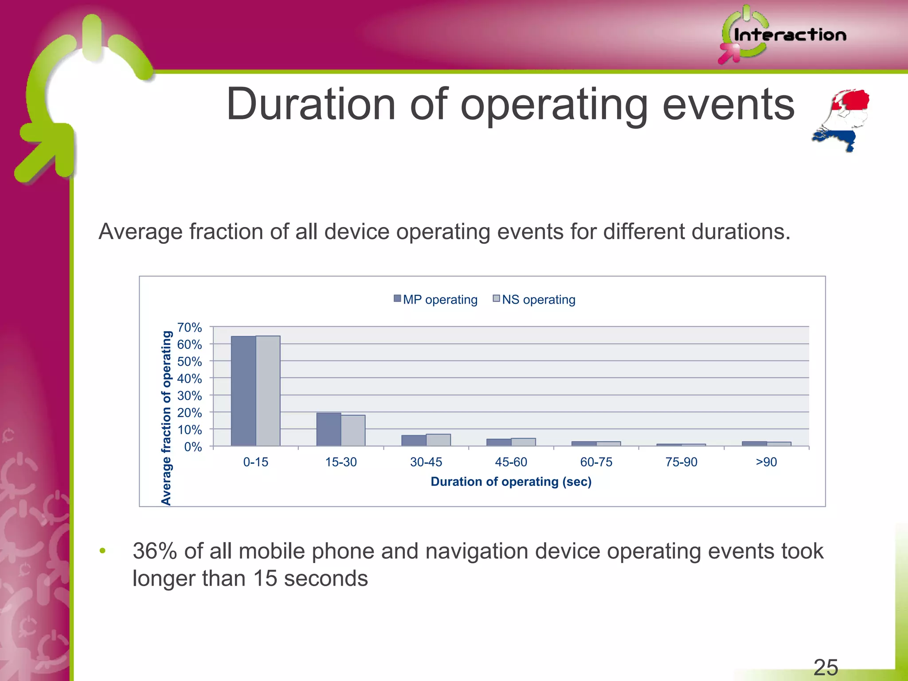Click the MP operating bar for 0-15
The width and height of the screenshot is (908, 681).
coord(243,391)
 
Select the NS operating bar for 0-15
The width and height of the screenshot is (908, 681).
coord(268,391)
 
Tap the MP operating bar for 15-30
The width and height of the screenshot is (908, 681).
coord(329,429)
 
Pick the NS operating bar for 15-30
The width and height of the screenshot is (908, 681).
coord(353,431)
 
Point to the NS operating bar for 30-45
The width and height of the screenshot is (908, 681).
coord(438,440)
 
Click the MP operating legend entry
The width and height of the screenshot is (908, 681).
coord(435,300)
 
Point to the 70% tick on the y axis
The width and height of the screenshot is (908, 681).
coord(189,328)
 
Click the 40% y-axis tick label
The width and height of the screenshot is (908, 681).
coord(189,379)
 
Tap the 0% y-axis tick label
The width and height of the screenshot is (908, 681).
coord(193,447)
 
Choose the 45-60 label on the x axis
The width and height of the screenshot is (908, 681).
coord(511,462)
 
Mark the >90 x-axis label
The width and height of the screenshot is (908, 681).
coord(766,462)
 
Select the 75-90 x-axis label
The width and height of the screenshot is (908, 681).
coord(681,462)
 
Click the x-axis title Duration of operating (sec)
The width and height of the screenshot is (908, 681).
coord(511,482)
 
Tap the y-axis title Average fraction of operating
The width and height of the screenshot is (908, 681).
coord(166,418)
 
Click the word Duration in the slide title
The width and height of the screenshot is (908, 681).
coord(310,105)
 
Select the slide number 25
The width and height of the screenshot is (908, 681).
coord(826,667)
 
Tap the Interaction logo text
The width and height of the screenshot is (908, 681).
coord(790,35)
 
